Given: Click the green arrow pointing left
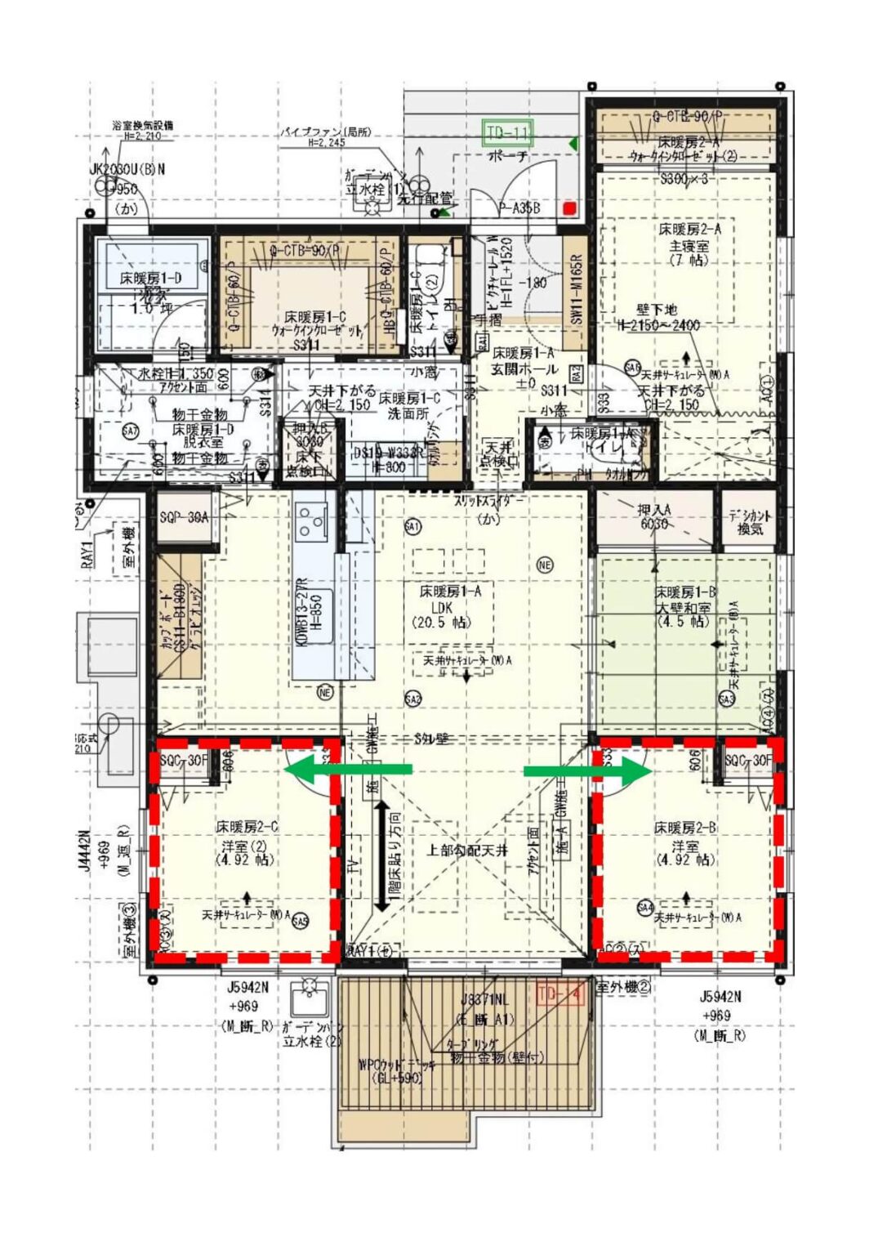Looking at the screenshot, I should (348, 769).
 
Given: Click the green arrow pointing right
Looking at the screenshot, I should (586, 770).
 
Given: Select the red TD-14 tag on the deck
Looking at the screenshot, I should (560, 994).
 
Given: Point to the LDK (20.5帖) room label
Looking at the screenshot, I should (440, 606).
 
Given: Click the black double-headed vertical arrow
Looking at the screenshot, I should (381, 856).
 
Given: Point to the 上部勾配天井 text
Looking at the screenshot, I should (466, 851).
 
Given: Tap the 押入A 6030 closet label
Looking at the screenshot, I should (654, 516).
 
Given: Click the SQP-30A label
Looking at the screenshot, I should (184, 517).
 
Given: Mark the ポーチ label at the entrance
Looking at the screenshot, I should (508, 155).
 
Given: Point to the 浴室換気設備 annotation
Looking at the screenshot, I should (143, 126).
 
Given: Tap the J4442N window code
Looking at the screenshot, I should (86, 852).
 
